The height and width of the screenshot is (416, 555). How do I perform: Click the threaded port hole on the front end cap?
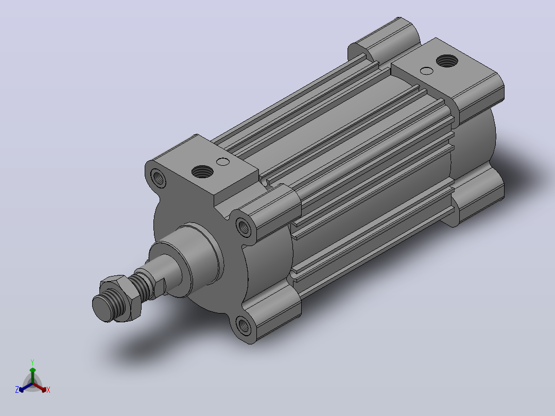[x=202, y=172]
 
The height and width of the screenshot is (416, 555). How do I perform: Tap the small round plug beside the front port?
[x=223, y=162]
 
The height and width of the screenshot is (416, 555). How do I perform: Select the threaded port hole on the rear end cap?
[x=447, y=61]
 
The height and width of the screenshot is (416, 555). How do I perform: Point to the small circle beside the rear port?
[x=427, y=71]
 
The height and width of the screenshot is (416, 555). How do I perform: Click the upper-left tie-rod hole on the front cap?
[x=158, y=178]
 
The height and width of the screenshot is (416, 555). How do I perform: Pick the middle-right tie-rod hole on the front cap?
[x=244, y=227]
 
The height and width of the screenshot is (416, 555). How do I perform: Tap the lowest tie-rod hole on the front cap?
[x=244, y=325]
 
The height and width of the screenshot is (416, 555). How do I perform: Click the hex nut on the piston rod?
[x=122, y=299]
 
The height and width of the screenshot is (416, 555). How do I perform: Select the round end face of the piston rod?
[x=102, y=308]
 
